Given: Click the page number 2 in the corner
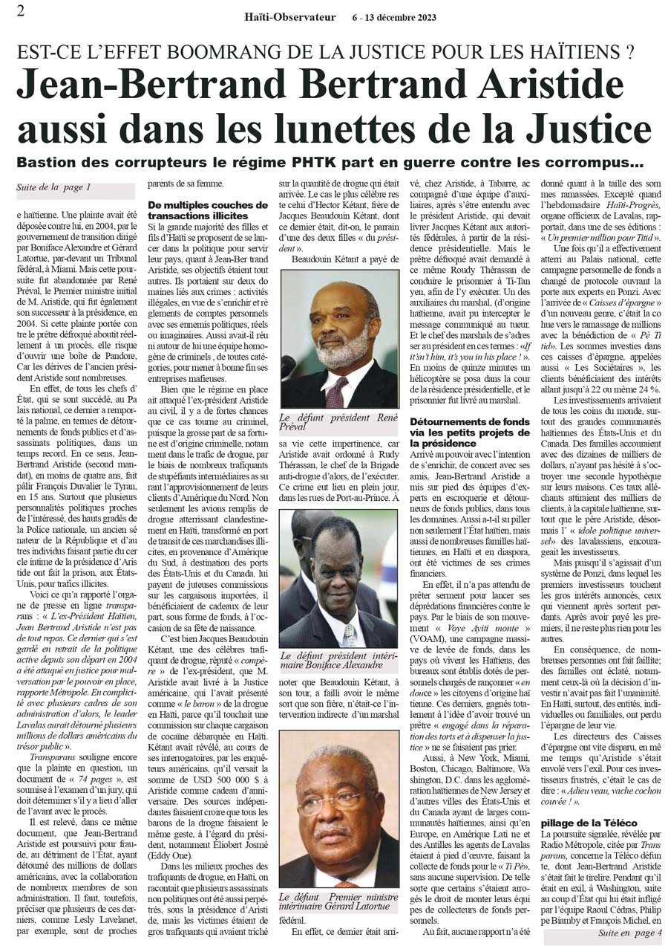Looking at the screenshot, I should coord(21,10).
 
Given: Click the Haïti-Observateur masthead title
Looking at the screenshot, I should coord(290,17).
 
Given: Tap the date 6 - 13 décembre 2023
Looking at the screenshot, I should coord(394,17).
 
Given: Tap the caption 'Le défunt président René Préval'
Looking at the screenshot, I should coord(338,423).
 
